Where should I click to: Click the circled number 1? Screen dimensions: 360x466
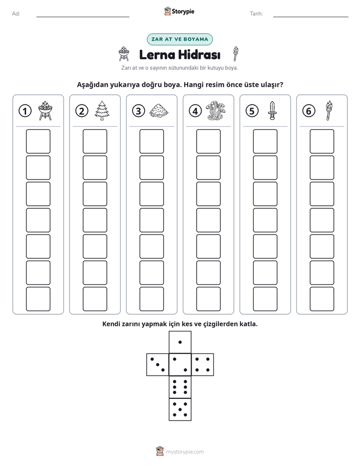point(25,111)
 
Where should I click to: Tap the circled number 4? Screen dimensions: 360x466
point(195,111)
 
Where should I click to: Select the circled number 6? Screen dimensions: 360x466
point(309,111)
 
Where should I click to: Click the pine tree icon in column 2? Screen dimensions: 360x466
point(102,110)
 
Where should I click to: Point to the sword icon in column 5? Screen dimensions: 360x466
point(272,110)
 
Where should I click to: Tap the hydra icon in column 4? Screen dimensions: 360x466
point(216,110)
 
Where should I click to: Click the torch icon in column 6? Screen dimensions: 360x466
point(329,110)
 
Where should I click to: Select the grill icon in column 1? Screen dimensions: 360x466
point(45,110)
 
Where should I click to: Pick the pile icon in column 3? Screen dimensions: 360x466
point(159,111)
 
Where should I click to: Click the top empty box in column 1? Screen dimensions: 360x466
point(38,141)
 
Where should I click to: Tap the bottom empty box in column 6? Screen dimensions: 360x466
point(322,299)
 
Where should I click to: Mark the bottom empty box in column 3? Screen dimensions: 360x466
point(151,299)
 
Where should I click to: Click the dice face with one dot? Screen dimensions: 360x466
point(180,342)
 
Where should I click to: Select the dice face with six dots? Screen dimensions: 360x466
point(180,387)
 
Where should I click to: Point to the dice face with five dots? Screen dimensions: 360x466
point(180,410)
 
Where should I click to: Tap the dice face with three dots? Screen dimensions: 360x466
point(158,365)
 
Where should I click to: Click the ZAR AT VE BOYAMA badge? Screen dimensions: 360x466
point(179,39)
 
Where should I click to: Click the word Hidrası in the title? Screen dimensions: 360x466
point(199,54)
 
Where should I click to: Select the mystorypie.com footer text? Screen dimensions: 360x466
point(185,452)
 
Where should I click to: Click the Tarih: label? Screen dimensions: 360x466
point(256,14)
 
